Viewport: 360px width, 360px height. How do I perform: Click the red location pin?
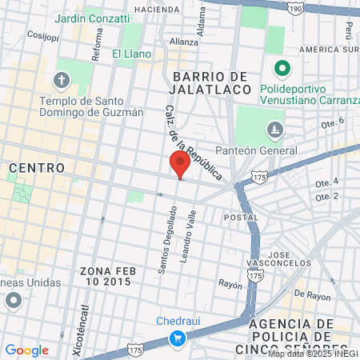pos(180,165)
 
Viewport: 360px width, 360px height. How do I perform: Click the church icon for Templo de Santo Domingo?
pos(62,80)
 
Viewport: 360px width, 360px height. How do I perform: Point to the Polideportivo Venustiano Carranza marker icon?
pos(281,69)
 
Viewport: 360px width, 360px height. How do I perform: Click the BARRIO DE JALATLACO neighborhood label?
pos(206,82)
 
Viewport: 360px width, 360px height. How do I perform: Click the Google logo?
pos(26,350)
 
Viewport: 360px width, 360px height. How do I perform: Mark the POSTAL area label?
pos(241,217)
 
